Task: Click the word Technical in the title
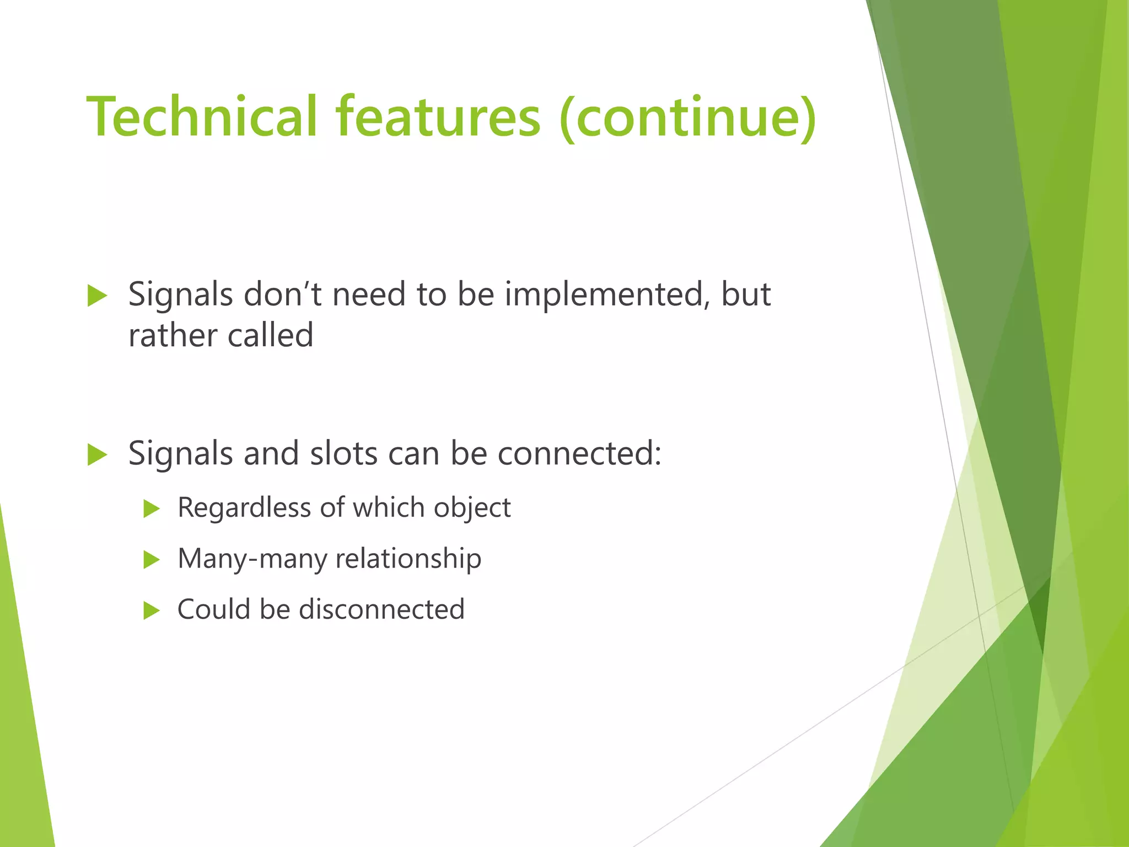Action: point(202,117)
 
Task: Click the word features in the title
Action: point(438,117)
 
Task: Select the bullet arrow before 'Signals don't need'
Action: point(97,296)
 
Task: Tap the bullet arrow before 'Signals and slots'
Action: point(97,455)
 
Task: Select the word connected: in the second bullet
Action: point(579,453)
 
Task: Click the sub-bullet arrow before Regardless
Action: point(151,508)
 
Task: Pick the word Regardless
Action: point(244,507)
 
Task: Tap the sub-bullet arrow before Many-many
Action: point(151,560)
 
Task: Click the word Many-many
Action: point(251,559)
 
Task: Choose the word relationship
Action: point(408,559)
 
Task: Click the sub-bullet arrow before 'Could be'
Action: point(151,610)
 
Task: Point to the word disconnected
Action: point(381,609)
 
